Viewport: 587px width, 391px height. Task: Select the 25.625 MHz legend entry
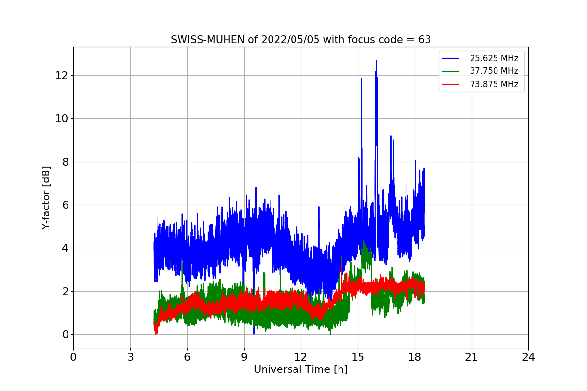(x=480, y=58)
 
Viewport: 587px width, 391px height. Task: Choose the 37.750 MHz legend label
(x=494, y=71)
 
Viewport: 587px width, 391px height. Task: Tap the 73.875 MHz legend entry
(x=480, y=84)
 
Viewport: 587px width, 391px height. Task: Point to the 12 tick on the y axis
(x=61, y=76)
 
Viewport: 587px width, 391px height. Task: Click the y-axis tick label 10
(x=61, y=119)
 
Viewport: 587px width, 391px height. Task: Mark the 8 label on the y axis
(x=65, y=162)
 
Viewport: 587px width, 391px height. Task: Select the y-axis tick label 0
(x=65, y=335)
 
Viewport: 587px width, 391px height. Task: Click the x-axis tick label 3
(x=131, y=357)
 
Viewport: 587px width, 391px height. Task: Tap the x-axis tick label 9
(x=244, y=357)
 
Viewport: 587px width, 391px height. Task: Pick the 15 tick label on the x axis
(x=358, y=357)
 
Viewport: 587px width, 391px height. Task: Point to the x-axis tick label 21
(x=472, y=357)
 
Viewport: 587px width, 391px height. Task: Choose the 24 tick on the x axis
(x=528, y=357)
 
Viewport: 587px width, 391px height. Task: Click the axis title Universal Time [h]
(x=301, y=370)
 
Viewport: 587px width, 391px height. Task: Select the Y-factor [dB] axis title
(x=46, y=198)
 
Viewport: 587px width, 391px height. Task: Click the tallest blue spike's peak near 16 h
(x=376, y=61)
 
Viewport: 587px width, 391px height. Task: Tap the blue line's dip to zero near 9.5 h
(x=254, y=334)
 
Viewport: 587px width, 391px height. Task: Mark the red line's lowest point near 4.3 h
(x=156, y=334)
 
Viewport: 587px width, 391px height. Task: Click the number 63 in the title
(x=425, y=40)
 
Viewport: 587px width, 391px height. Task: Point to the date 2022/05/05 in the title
(x=291, y=40)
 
